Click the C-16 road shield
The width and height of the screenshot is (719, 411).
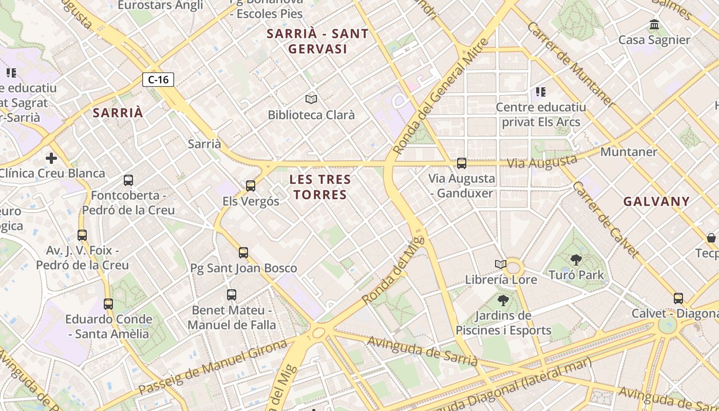(158, 80)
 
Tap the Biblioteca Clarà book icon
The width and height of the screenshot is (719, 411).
(311, 99)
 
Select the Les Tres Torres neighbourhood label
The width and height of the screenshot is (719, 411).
(320, 187)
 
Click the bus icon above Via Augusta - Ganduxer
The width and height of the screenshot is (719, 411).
(462, 163)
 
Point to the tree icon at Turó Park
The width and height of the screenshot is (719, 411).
(576, 260)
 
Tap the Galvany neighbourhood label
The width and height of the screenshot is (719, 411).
(656, 201)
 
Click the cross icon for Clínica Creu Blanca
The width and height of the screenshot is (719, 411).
(51, 158)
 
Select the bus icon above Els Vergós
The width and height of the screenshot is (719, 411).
(251, 185)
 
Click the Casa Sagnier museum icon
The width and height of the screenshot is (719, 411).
(654, 24)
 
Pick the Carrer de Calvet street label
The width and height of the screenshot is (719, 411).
(606, 219)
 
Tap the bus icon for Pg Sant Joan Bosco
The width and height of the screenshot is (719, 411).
(243, 252)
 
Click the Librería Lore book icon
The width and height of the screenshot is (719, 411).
(501, 265)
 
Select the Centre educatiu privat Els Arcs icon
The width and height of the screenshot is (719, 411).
(540, 92)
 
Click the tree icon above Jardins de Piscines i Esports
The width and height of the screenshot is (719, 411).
(503, 301)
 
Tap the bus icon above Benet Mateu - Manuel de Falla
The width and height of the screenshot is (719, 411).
(232, 295)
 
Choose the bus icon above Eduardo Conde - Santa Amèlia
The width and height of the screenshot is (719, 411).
(108, 304)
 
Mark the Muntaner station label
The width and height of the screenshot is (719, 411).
(629, 152)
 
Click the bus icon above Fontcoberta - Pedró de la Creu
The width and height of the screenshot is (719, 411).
(128, 180)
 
